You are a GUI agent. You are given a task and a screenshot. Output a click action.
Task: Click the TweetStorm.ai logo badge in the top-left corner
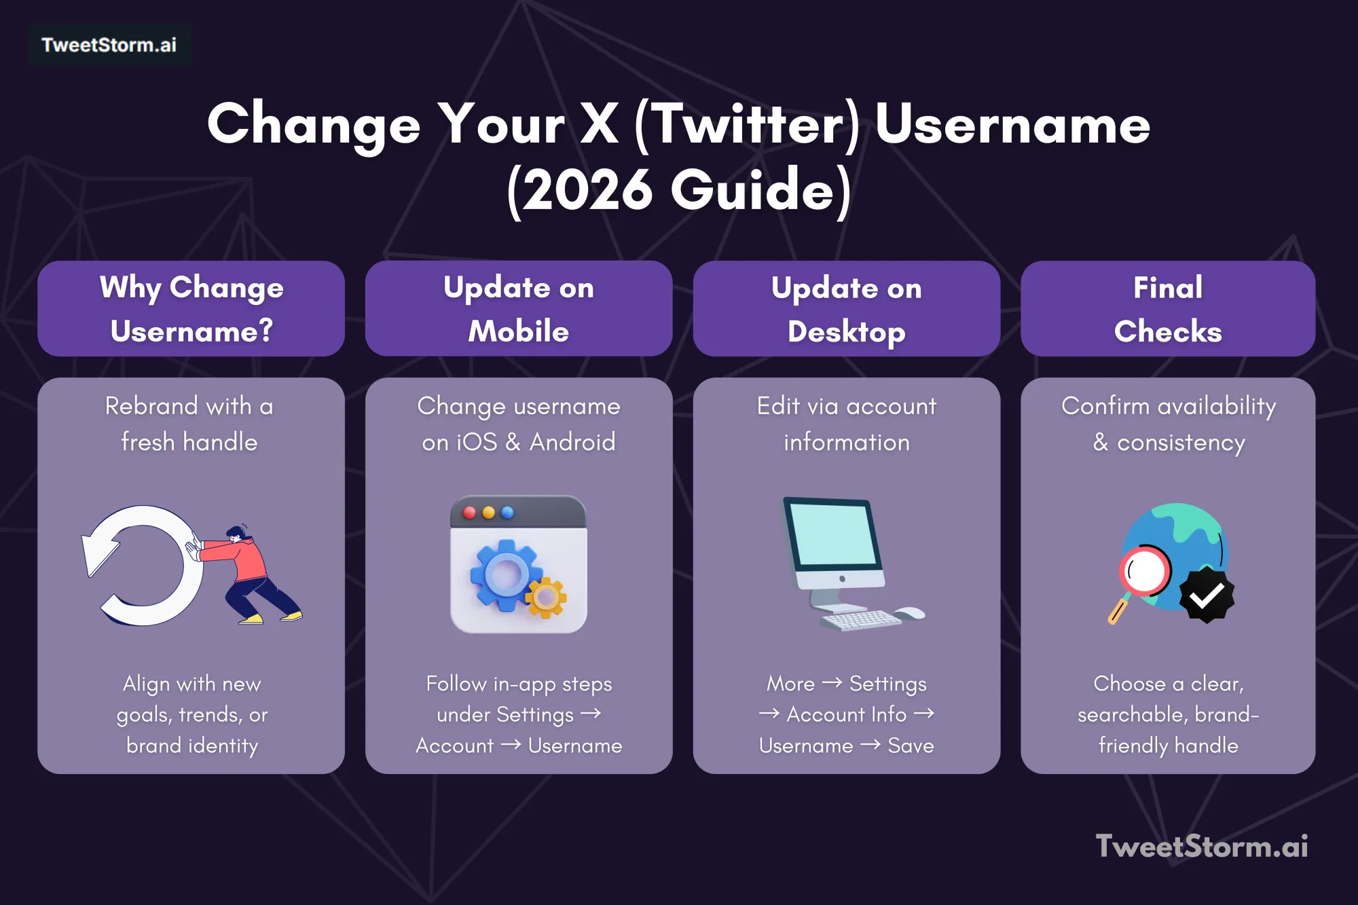tap(109, 45)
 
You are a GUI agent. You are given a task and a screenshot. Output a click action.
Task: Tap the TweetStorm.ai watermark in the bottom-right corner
tap(1201, 846)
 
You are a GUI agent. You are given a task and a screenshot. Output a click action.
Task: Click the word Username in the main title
tap(1012, 125)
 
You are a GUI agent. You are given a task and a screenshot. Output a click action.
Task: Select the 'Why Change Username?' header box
tap(191, 309)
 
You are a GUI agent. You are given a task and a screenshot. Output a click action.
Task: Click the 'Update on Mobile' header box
tap(519, 309)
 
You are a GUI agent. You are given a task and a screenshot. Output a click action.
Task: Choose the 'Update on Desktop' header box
tap(846, 309)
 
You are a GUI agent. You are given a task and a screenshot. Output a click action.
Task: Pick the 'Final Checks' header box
tap(1168, 309)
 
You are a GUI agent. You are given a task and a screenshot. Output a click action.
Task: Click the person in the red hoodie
tap(251, 574)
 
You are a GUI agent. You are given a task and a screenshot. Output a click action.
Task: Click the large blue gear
tap(504, 574)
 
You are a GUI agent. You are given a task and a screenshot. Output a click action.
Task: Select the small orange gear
tap(545, 597)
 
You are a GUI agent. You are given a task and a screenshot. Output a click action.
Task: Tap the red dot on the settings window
tap(469, 513)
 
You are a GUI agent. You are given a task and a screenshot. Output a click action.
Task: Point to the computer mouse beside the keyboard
tap(910, 614)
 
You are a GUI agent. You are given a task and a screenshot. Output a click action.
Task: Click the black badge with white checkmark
tap(1207, 596)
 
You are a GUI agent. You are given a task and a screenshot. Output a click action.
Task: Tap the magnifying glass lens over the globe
tap(1145, 570)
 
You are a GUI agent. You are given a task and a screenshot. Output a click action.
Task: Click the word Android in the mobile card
tap(572, 442)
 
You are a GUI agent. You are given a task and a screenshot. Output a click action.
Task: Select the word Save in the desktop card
tap(911, 745)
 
